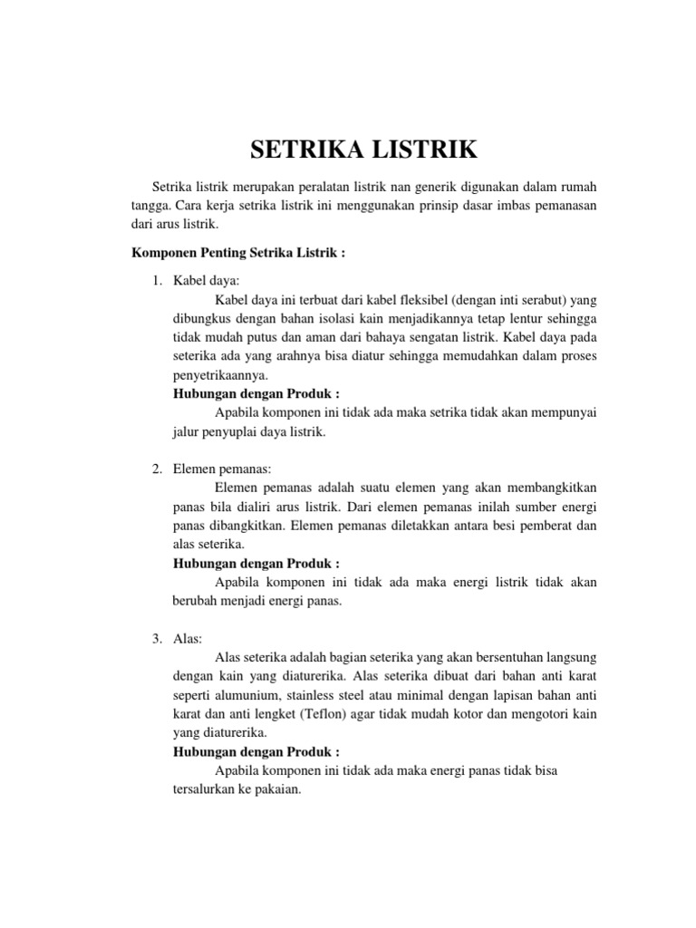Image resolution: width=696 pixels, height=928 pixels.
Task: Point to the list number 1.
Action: pos(155,283)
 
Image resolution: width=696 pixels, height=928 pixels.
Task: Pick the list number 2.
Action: pos(155,469)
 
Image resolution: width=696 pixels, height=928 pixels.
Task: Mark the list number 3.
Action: pos(155,640)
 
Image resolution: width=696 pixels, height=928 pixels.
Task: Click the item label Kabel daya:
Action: pos(206,283)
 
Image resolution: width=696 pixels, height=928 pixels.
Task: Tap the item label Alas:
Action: pos(189,640)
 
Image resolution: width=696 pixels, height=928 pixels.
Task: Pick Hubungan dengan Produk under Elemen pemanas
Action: pos(256,563)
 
